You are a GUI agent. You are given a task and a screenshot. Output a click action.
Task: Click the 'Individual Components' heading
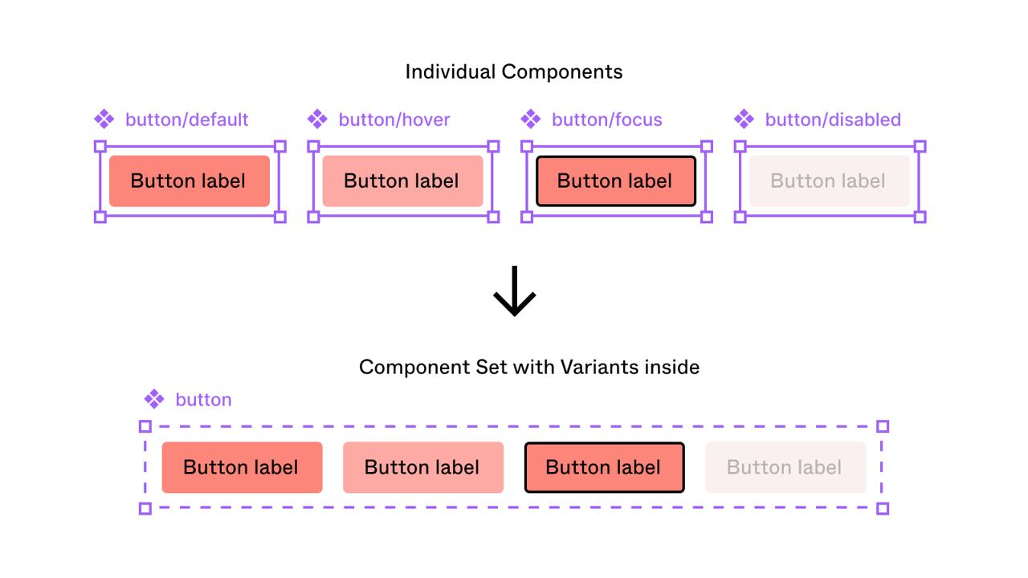[514, 72]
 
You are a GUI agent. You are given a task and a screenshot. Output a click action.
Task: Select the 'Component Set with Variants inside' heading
[529, 367]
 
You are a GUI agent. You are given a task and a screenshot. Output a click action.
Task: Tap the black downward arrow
[515, 291]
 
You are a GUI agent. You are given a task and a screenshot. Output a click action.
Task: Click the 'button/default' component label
[187, 120]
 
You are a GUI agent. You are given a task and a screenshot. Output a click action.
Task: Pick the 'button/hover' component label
[394, 120]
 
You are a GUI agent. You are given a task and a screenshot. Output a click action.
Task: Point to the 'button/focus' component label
[606, 120]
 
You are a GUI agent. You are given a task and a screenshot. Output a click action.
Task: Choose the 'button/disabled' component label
[833, 120]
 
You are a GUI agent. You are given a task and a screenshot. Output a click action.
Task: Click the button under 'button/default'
[190, 181]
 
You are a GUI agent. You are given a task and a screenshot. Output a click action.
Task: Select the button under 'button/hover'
[402, 181]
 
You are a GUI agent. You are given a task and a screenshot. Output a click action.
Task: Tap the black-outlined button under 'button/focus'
[616, 181]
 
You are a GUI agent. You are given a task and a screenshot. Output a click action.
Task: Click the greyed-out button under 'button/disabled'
[830, 181]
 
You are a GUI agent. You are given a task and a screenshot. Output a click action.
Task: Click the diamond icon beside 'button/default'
[104, 120]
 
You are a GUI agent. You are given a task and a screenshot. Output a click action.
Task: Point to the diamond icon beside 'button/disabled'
[744, 120]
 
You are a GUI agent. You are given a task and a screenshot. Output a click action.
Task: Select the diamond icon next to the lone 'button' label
[154, 399]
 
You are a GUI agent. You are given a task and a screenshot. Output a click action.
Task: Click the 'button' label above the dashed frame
[203, 400]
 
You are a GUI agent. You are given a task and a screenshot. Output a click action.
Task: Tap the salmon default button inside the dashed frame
[243, 467]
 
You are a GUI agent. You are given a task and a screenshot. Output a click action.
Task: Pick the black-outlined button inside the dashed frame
[605, 467]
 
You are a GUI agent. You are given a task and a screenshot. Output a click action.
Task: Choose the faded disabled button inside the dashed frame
[785, 467]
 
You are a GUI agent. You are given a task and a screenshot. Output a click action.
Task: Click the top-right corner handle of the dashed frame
[883, 426]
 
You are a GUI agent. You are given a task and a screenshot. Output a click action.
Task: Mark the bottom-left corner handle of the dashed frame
[145, 508]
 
